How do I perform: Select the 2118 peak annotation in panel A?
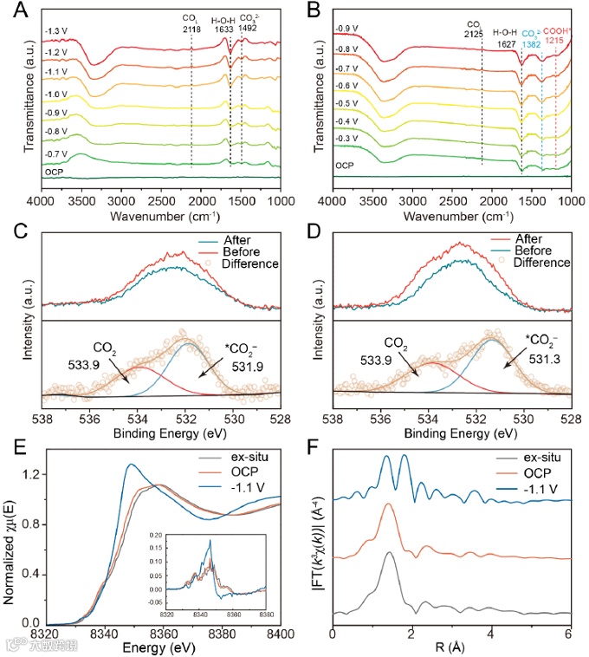pos(191,28)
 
